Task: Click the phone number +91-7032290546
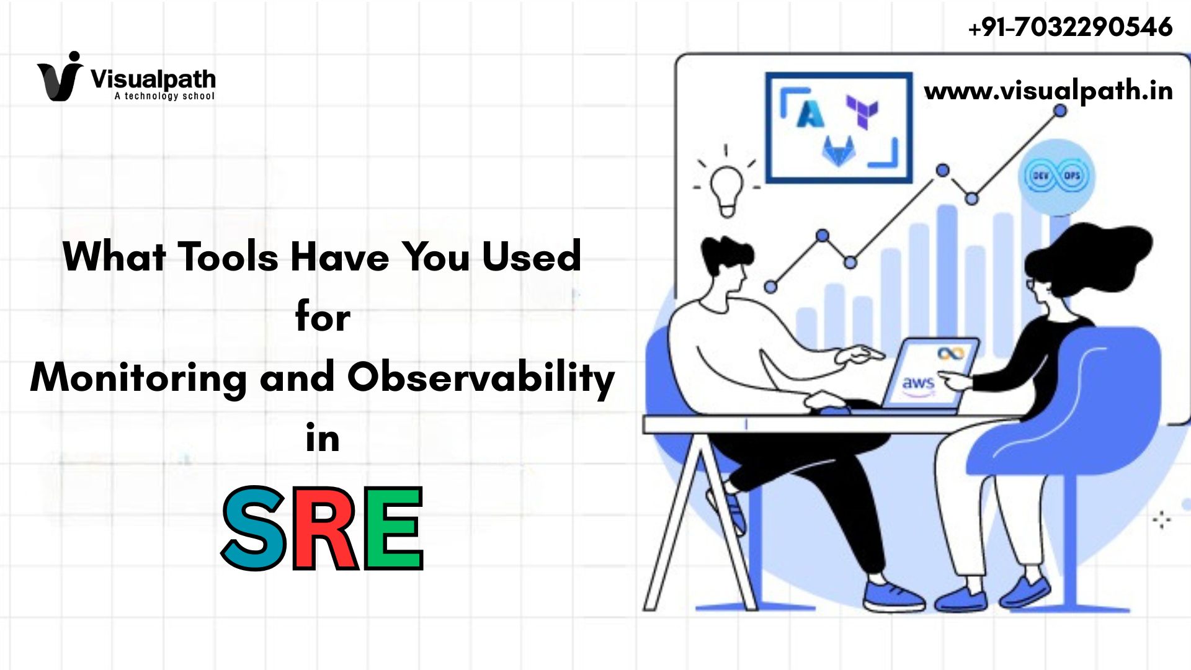pyautogui.click(x=1070, y=27)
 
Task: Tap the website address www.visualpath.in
pyautogui.click(x=1048, y=91)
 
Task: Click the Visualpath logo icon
pyautogui.click(x=60, y=76)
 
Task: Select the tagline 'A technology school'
pyautogui.click(x=164, y=96)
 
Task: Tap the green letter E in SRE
pyautogui.click(x=393, y=528)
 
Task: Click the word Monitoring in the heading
pyautogui.click(x=138, y=378)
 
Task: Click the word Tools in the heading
pyautogui.click(x=228, y=256)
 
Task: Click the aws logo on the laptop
pyautogui.click(x=918, y=385)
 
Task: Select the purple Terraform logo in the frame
pyautogui.click(x=863, y=111)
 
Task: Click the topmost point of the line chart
pyautogui.click(x=1060, y=110)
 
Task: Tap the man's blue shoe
pyautogui.click(x=894, y=596)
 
